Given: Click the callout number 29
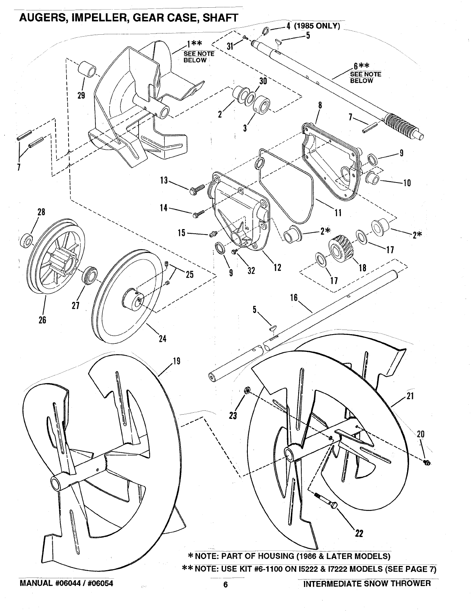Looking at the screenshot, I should [x=81, y=95].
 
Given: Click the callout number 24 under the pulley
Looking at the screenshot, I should [x=163, y=338].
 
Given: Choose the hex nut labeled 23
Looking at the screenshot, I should [x=248, y=391].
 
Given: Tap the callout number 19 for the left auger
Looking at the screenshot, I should [x=176, y=361].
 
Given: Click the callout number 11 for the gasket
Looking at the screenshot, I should [x=338, y=213].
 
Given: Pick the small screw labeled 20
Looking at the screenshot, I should [x=426, y=462].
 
